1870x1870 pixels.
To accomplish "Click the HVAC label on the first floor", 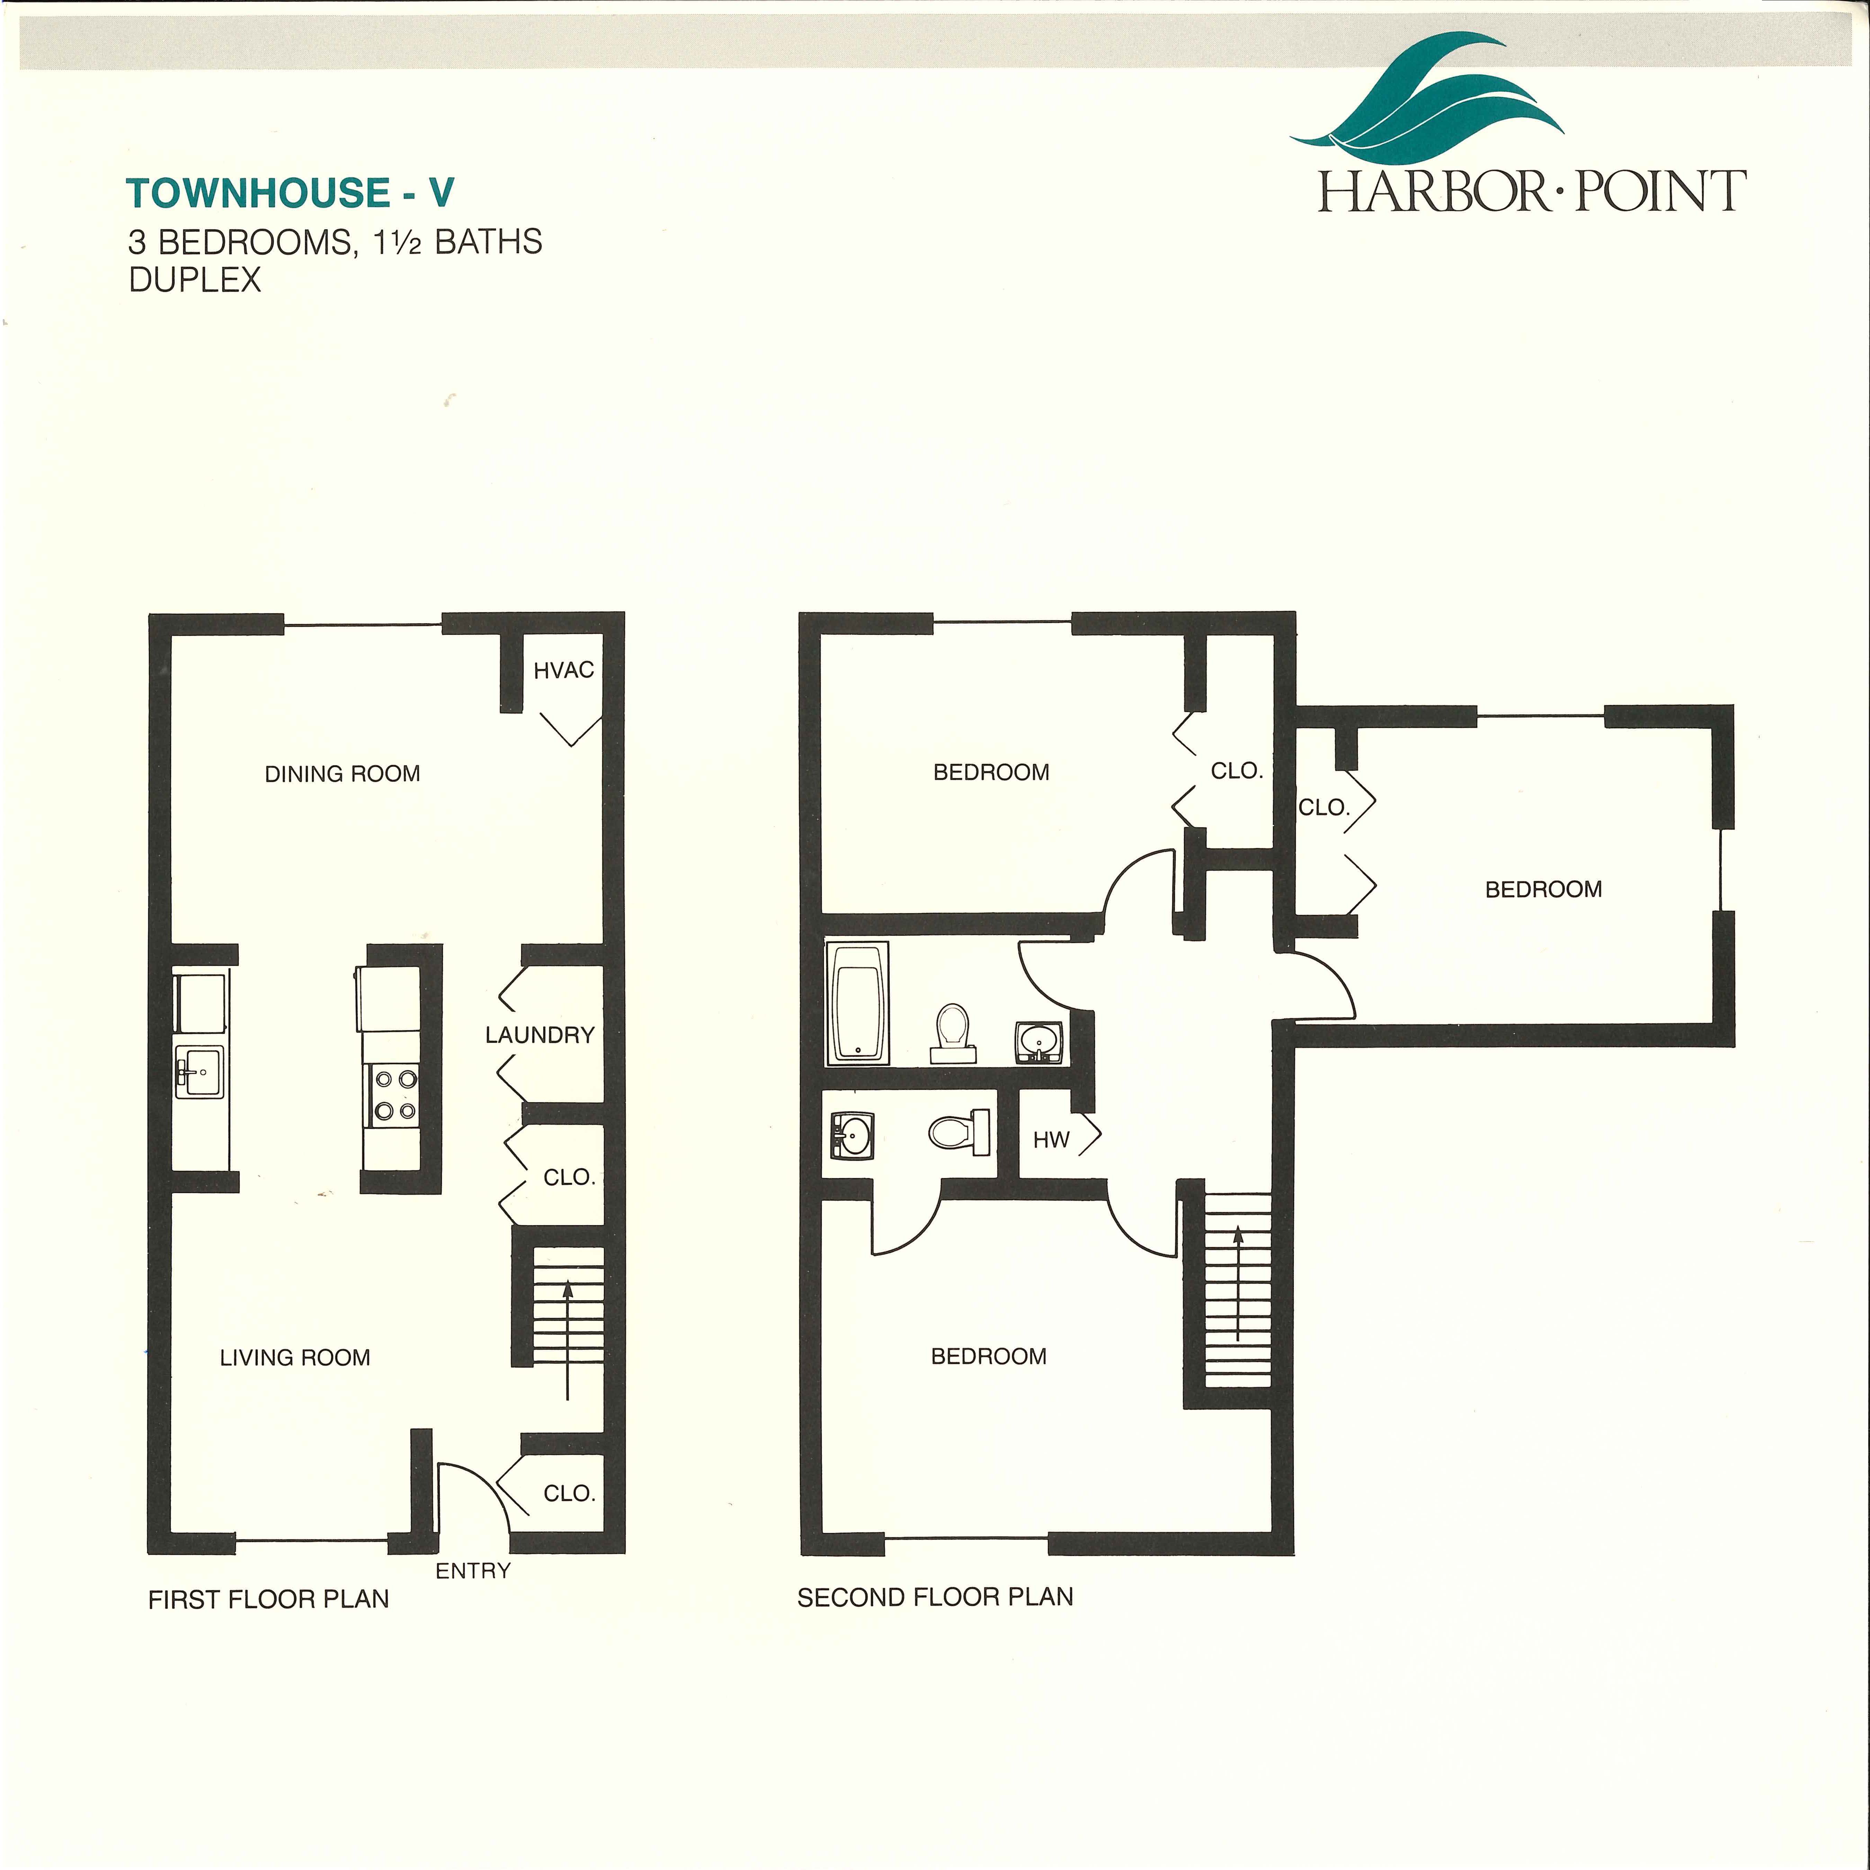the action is (x=563, y=670).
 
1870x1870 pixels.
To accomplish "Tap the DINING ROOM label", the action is (x=342, y=773).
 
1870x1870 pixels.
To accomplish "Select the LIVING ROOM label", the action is (x=295, y=1357).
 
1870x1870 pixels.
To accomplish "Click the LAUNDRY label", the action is (x=540, y=1035).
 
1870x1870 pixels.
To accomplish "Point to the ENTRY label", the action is (x=473, y=1571).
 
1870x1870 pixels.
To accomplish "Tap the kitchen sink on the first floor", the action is (x=199, y=1071).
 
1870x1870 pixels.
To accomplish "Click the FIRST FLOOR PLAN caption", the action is (x=269, y=1599).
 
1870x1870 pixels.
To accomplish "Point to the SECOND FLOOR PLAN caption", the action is (x=935, y=1597).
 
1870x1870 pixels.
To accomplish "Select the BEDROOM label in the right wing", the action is (x=1544, y=889).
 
